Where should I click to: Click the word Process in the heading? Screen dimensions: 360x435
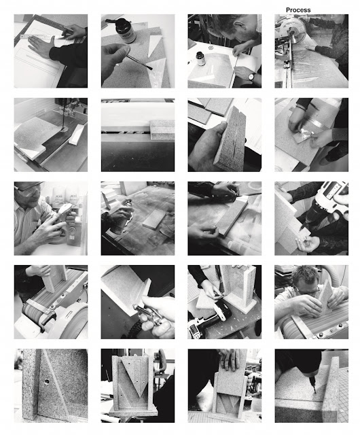click(x=298, y=10)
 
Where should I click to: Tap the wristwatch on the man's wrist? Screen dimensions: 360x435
click(x=252, y=77)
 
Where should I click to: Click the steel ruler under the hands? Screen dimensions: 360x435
click(x=42, y=36)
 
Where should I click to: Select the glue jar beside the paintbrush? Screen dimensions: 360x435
click(x=125, y=30)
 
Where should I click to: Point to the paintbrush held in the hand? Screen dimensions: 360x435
click(x=138, y=63)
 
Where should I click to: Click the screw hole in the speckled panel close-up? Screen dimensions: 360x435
click(x=46, y=381)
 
